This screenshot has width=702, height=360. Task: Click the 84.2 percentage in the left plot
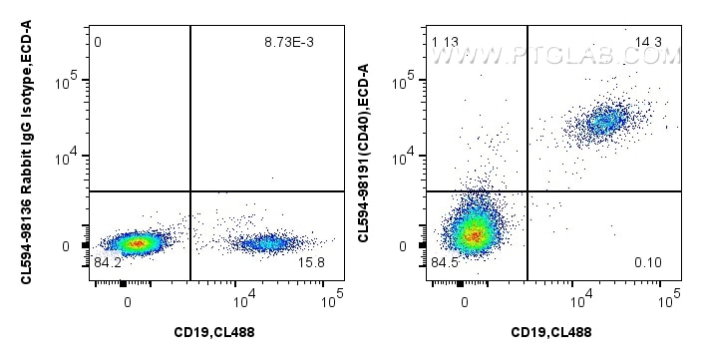pyautogui.click(x=106, y=264)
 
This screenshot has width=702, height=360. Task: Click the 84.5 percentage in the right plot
pyautogui.click(x=445, y=264)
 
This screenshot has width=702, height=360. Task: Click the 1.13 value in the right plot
pyautogui.click(x=445, y=42)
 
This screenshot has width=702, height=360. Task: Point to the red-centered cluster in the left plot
pyautogui.click(x=135, y=242)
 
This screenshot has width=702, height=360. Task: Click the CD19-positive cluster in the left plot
pyautogui.click(x=264, y=242)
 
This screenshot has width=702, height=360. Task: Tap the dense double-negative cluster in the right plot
pyautogui.click(x=472, y=235)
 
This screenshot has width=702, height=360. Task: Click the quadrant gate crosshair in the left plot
pyautogui.click(x=189, y=190)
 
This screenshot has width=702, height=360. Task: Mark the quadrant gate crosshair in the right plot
pyautogui.click(x=526, y=190)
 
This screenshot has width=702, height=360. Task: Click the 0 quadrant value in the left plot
pyautogui.click(x=98, y=43)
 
